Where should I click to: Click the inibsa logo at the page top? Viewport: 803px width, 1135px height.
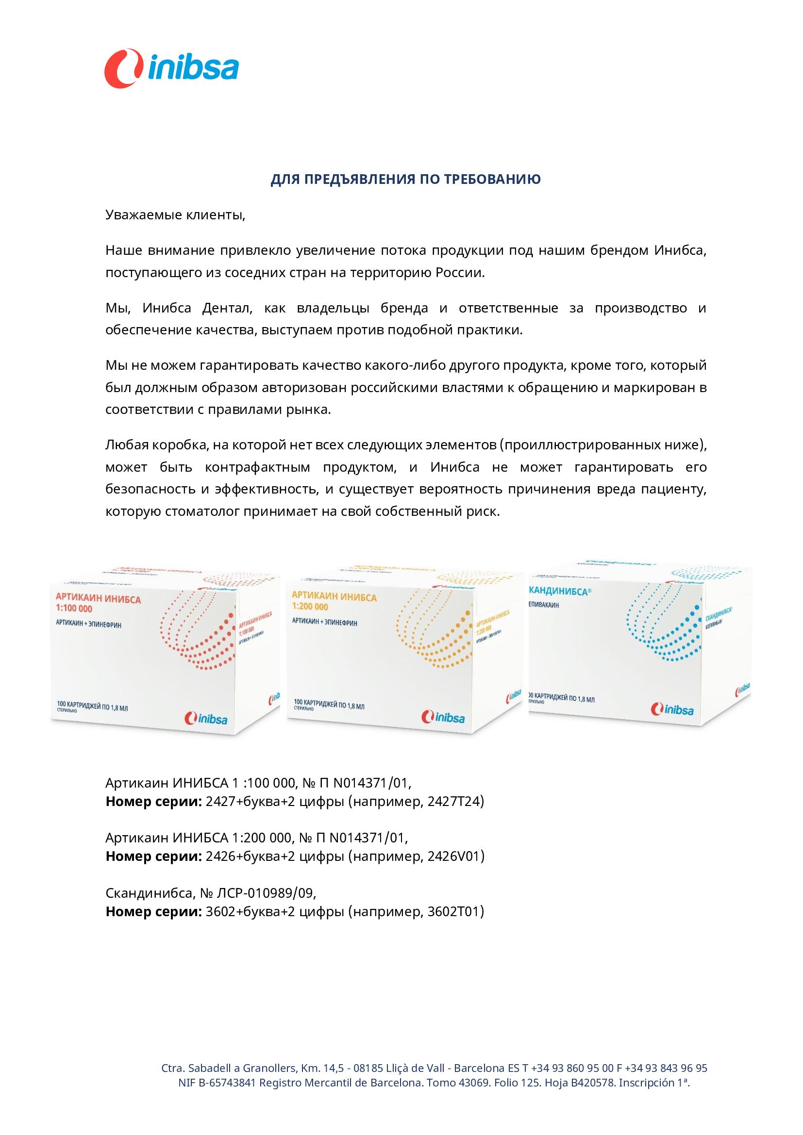171,68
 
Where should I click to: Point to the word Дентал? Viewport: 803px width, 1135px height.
227,308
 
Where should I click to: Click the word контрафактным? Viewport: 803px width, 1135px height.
257,467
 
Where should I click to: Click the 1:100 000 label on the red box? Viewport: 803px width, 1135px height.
74,609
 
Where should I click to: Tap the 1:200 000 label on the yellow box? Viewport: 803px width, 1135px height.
310,607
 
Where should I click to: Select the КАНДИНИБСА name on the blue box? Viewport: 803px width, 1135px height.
559,591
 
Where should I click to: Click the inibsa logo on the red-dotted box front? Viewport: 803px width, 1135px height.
206,718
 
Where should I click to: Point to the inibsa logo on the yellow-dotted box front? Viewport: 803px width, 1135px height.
443,717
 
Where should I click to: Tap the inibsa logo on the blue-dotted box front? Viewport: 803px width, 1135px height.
672,709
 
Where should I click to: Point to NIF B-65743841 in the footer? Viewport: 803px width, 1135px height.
217,1083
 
